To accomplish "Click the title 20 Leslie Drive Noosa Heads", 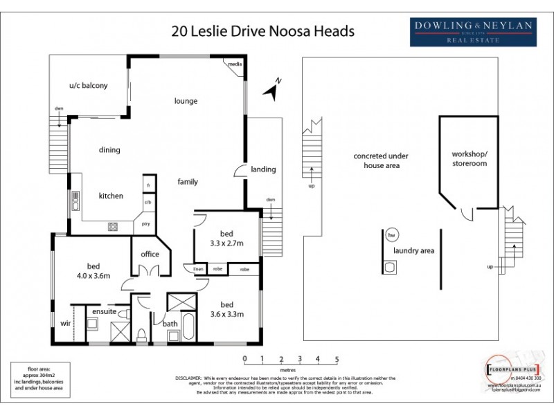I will pyautogui.click(x=262, y=31).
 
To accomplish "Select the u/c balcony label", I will pyautogui.click(x=88, y=86).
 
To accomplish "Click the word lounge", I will pyautogui.click(x=186, y=101).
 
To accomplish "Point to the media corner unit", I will pyautogui.click(x=234, y=64).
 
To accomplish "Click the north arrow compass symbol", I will pyautogui.click(x=272, y=89).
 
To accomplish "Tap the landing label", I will pyautogui.click(x=263, y=169).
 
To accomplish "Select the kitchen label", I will pyautogui.click(x=111, y=196).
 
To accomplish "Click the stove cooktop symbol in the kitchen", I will pyautogui.click(x=113, y=226).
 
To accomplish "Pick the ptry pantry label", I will pyautogui.click(x=146, y=224).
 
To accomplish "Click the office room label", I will pyautogui.click(x=150, y=254).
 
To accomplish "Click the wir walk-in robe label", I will pyautogui.click(x=66, y=323).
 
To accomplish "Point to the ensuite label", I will pyautogui.click(x=105, y=312).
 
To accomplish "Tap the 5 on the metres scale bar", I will pyautogui.click(x=337, y=359).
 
